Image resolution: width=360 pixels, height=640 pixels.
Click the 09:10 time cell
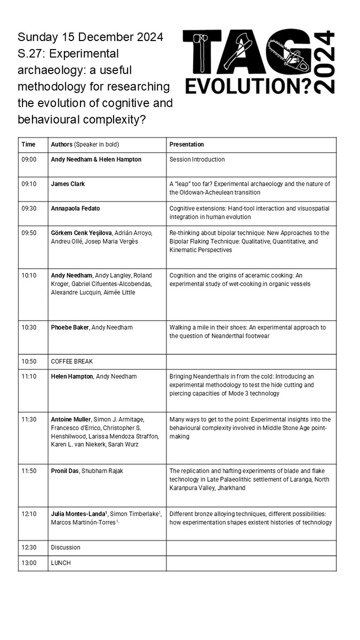click(29, 184)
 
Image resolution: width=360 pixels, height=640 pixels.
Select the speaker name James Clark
click(68, 184)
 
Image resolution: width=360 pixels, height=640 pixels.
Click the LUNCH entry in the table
click(61, 563)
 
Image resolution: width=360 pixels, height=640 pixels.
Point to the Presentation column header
click(187, 145)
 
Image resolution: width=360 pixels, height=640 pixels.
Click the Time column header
click(28, 145)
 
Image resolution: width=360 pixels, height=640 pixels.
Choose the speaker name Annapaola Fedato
click(76, 209)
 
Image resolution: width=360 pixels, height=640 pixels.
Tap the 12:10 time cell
click(29, 514)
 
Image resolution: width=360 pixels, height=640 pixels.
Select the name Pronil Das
click(65, 471)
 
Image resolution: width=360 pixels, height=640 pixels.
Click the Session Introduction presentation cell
click(197, 159)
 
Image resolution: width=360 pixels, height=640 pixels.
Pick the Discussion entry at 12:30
click(66, 547)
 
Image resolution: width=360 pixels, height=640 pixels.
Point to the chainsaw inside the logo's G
click(287, 53)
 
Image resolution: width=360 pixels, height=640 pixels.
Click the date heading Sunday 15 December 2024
click(90, 37)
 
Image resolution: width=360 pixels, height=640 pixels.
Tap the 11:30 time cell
click(29, 419)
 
